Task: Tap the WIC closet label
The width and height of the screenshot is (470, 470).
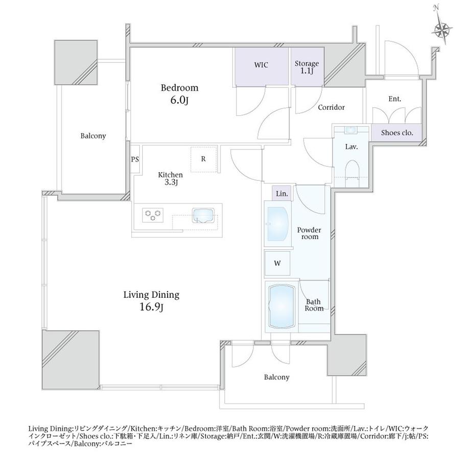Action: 261,65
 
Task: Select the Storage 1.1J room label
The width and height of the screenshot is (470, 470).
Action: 307,67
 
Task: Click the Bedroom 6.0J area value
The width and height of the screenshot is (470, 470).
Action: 179,101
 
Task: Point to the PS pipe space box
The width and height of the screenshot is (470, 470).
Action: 135,159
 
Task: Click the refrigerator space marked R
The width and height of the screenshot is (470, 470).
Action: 204,159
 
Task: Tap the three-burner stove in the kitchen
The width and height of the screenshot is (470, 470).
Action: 153,215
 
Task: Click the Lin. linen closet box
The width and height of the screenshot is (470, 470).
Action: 282,193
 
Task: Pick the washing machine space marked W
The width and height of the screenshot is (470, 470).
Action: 277,263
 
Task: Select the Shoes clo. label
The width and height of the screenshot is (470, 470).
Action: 397,132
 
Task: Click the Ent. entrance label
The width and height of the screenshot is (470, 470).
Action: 394,99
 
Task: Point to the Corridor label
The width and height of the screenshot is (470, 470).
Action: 331,107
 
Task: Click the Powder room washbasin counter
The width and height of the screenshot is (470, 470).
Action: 278,224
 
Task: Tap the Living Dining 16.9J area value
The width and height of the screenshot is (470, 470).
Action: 152,307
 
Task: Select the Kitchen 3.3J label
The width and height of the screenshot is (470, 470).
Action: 170,178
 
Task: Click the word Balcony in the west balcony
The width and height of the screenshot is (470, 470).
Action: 93,136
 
